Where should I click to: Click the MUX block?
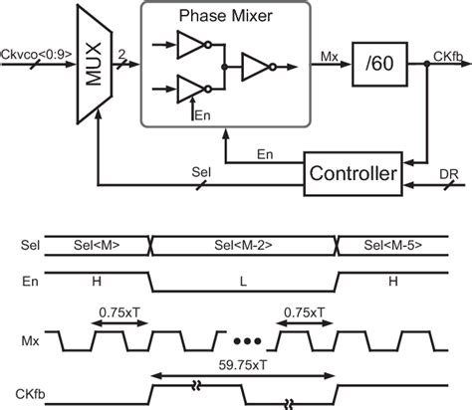click(91, 63)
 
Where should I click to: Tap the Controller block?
click(354, 173)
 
